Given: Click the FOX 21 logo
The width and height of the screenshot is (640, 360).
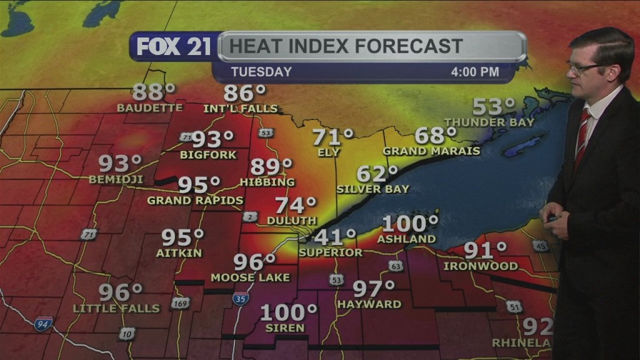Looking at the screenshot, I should [174, 47].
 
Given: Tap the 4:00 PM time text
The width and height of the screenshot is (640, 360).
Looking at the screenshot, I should [475, 72].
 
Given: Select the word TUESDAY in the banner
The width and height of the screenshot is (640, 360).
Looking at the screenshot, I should [261, 72].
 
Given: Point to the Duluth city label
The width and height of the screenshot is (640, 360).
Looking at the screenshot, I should [292, 221].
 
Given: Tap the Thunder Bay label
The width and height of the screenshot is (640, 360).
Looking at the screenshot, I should [489, 122].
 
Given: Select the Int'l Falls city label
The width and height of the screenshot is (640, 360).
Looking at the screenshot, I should [240, 108].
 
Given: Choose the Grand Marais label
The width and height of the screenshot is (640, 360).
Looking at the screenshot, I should [431, 151].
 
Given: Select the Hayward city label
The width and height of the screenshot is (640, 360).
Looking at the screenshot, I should [369, 304].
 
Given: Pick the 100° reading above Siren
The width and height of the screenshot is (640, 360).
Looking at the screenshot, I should [289, 312].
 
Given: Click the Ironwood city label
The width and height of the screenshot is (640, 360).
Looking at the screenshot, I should [481, 266].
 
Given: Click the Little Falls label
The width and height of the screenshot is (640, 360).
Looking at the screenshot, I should [116, 308].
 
